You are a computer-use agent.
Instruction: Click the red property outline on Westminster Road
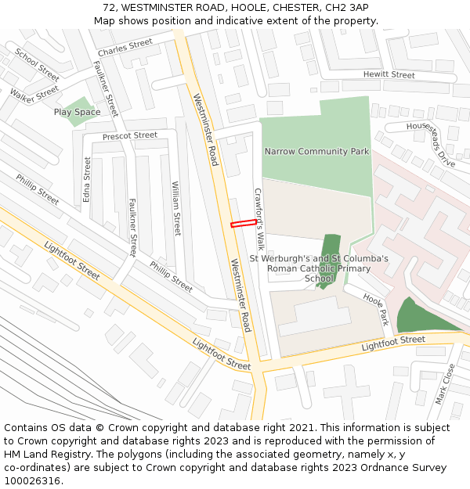[243, 224]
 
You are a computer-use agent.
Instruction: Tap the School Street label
[37, 65]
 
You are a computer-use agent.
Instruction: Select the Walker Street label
[34, 95]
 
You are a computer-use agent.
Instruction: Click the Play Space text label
[77, 112]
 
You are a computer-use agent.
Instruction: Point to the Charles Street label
[125, 48]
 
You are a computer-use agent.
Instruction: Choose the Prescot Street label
[130, 136]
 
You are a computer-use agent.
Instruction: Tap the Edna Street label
[87, 179]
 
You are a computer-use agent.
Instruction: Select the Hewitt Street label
[389, 75]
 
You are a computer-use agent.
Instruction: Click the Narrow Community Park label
[316, 151]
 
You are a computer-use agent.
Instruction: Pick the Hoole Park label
[374, 306]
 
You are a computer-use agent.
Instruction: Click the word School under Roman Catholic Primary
[318, 279]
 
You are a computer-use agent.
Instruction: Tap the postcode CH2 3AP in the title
[345, 7]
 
